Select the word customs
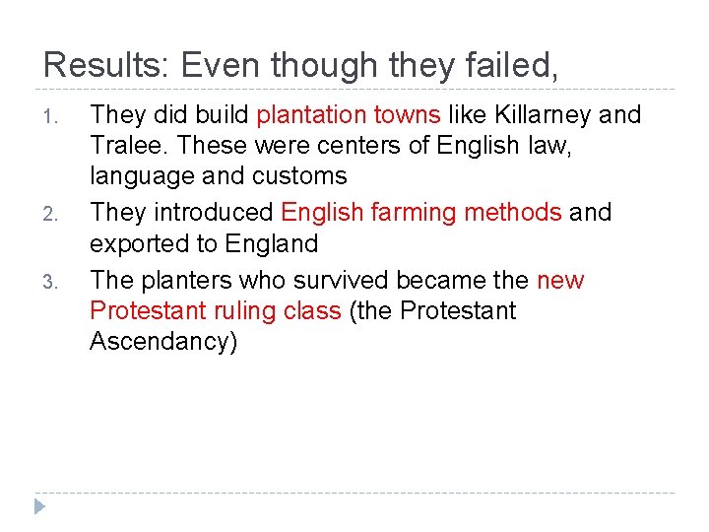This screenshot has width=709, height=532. pos(299,176)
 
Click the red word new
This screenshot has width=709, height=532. pos(560,282)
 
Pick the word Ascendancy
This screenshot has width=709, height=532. pos(163,343)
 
